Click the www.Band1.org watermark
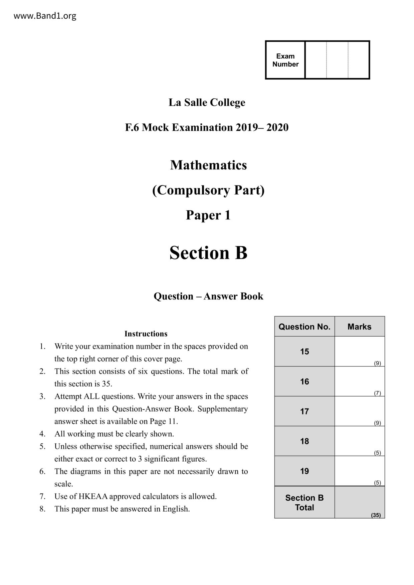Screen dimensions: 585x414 [x=45, y=16]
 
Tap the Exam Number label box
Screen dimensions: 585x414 [x=285, y=60]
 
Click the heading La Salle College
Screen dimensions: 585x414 [x=207, y=102]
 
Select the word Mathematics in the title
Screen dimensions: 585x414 [x=208, y=165]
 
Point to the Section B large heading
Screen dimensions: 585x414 [x=208, y=253]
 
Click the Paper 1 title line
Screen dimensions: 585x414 [x=208, y=215]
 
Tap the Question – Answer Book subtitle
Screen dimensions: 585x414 [x=208, y=296]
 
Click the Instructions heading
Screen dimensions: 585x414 [x=146, y=334]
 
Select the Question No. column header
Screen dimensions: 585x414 [x=304, y=327]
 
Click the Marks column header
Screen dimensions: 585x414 [x=359, y=327]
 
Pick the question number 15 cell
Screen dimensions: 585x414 [x=304, y=352]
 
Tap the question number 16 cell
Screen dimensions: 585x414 [x=304, y=382]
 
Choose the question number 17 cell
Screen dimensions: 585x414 [x=304, y=411]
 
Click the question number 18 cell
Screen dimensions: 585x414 [x=304, y=441]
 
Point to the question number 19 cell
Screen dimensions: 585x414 [x=304, y=471]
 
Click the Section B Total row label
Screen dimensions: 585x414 [x=304, y=502]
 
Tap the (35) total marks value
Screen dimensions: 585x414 [x=376, y=515]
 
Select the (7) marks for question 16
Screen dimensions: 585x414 [x=377, y=393]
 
